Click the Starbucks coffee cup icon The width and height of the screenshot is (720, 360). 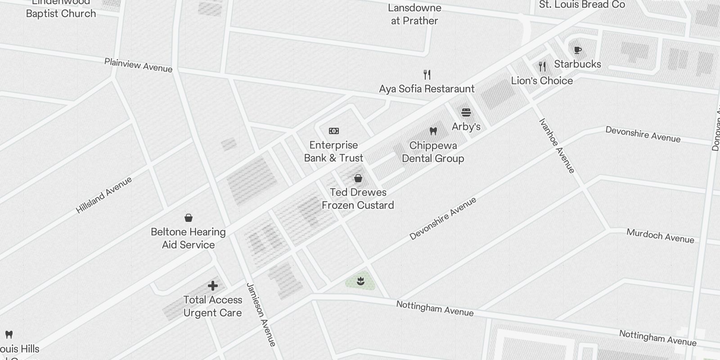point(578,50)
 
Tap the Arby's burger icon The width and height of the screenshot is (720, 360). point(466,112)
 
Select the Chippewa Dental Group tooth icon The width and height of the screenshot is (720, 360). point(433,131)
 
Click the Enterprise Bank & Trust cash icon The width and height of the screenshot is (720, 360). point(334,131)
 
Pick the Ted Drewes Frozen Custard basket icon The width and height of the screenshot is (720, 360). point(358,179)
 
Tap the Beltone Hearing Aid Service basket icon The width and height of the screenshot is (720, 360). point(189,218)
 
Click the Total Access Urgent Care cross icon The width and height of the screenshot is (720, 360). point(213,286)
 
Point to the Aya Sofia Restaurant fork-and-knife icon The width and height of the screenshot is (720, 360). point(427,74)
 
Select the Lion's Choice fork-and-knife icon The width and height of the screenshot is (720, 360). point(542,67)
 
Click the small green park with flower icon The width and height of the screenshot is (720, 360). point(360,282)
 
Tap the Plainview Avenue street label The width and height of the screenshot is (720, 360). point(138,65)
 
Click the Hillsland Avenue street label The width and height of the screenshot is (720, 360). point(104,195)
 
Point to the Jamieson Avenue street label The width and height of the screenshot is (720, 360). point(261,315)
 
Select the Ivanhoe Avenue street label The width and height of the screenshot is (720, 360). point(557,146)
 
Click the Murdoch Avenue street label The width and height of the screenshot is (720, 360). point(660,236)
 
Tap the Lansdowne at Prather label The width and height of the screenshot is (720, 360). point(414,14)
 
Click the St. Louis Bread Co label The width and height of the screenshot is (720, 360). point(582,5)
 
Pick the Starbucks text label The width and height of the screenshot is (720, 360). point(577,64)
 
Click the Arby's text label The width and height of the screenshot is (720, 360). point(466,126)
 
